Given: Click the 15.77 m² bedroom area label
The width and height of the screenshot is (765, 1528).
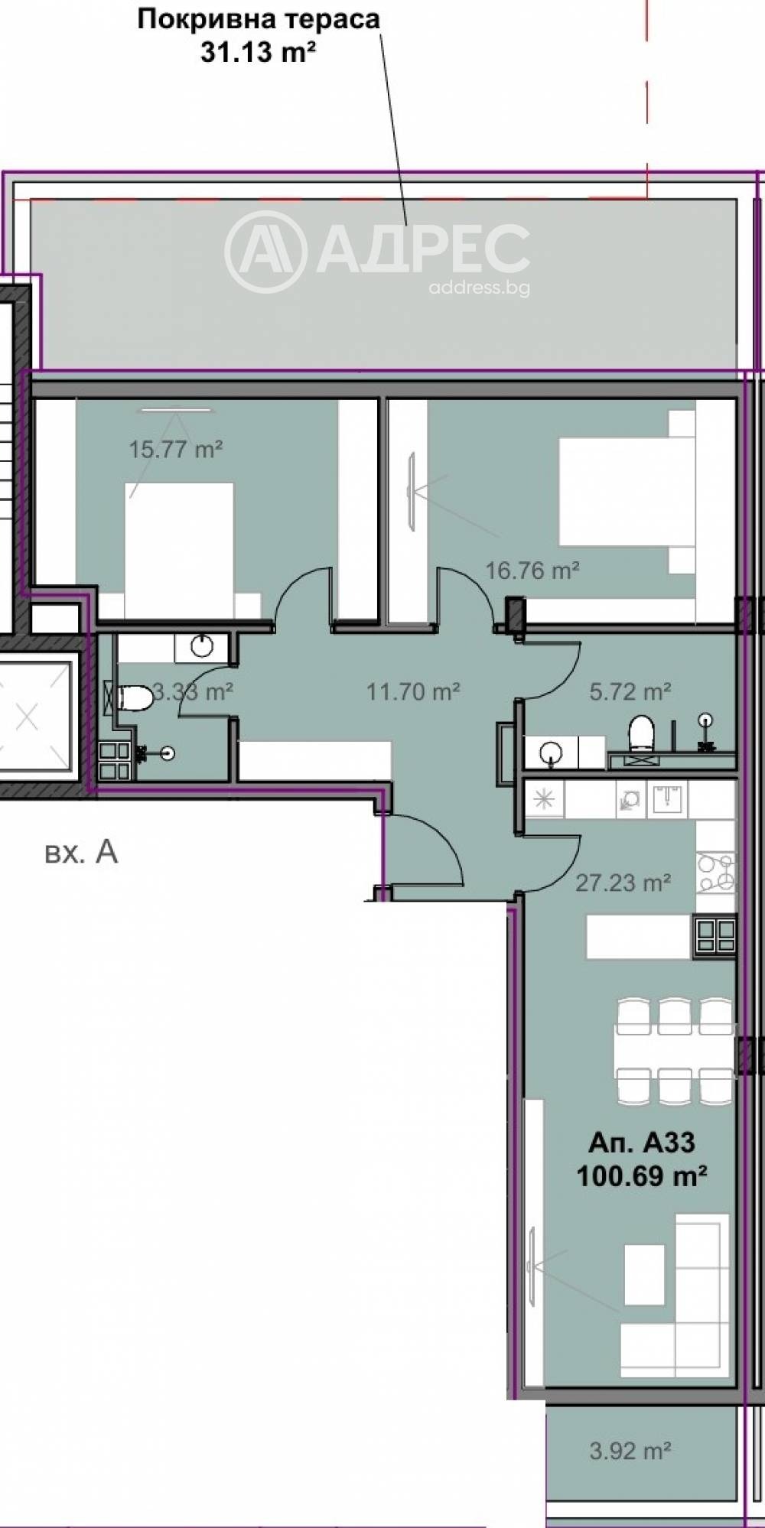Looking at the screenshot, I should [175, 449].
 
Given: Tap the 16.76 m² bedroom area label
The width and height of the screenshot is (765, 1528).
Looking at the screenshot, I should [532, 570].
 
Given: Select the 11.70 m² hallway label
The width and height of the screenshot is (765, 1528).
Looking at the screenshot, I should [412, 692].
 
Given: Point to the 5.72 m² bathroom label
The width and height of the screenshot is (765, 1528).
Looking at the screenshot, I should [630, 691].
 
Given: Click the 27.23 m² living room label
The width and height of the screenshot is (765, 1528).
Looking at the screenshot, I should [623, 883].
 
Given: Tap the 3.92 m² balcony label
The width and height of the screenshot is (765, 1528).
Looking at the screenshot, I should [630, 1450].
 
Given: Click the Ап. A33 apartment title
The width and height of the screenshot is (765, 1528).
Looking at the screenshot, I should [641, 1143].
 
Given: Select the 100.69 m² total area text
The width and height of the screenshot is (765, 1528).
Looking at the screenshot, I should [641, 1175].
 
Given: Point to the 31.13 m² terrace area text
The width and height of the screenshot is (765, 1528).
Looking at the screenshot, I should [259, 53].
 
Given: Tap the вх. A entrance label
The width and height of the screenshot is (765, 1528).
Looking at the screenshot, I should [81, 852].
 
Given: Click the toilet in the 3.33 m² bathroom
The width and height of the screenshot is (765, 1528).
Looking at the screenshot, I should [134, 697].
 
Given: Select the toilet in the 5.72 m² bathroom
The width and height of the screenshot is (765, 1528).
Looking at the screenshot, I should [641, 733].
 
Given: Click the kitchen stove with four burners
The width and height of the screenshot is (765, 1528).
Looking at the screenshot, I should [716, 873].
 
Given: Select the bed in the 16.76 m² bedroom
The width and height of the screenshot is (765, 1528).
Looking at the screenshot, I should [623, 491].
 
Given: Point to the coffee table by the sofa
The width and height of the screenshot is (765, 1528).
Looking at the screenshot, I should [643, 1274].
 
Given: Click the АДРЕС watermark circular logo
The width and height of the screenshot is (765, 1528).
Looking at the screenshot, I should [265, 252].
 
